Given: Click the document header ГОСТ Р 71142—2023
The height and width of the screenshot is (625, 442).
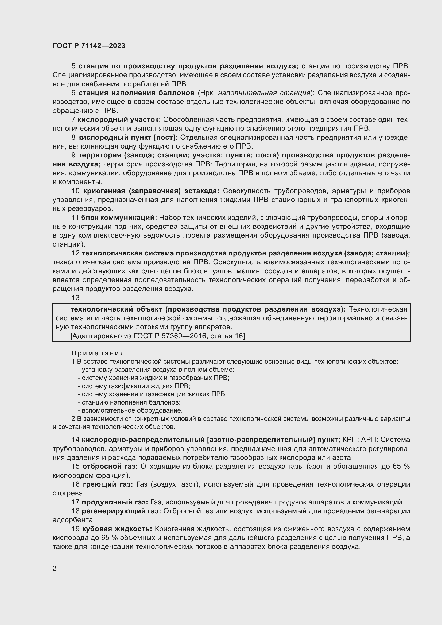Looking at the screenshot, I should click(x=89, y=46).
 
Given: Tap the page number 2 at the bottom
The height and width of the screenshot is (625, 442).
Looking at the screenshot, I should click(x=55, y=568).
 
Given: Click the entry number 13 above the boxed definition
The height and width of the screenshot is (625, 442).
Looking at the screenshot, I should click(x=75, y=298).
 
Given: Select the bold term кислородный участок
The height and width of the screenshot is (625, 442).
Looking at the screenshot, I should click(x=119, y=120).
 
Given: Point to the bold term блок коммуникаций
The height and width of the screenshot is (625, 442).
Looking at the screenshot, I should click(x=119, y=218).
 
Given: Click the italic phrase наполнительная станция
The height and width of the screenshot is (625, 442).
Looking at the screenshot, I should click(x=264, y=93).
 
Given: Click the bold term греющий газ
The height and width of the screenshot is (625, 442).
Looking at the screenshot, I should click(x=108, y=484).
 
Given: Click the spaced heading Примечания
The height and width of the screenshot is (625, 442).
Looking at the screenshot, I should click(x=98, y=353).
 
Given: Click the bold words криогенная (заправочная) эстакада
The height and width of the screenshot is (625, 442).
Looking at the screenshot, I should click(x=151, y=191).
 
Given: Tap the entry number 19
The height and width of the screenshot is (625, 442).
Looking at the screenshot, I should click(x=75, y=529).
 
